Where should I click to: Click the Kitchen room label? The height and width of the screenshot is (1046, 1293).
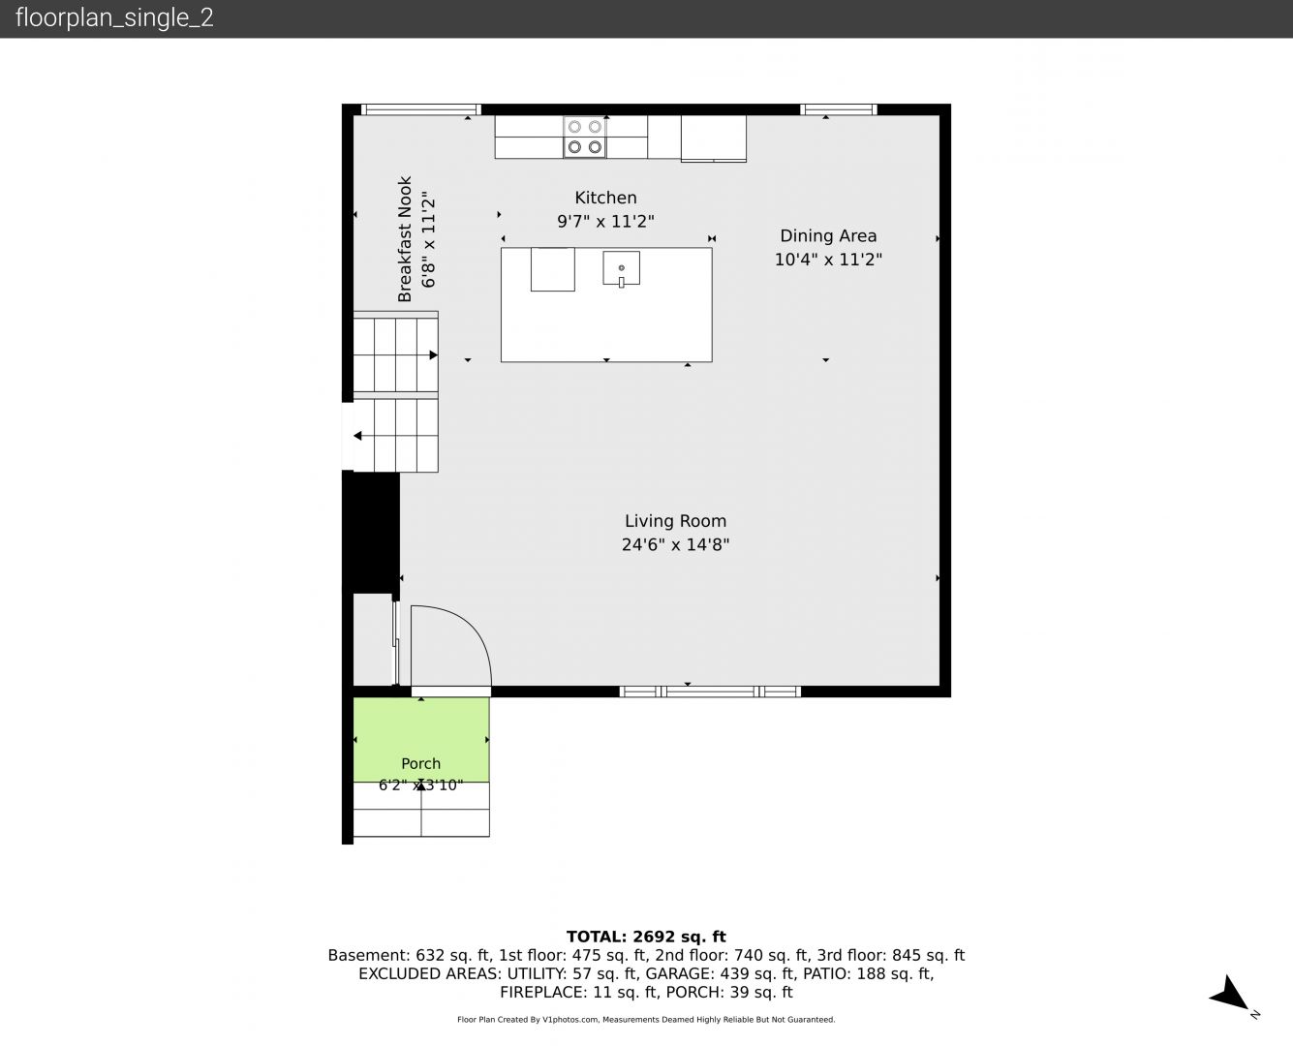(x=605, y=198)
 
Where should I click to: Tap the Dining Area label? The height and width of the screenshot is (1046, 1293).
(x=828, y=235)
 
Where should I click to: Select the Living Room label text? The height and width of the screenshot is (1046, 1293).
(x=675, y=521)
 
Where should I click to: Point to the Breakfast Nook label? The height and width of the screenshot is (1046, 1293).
(x=405, y=239)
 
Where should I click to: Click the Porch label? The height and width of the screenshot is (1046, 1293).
(x=420, y=763)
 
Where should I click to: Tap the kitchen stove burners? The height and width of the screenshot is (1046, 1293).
(x=585, y=137)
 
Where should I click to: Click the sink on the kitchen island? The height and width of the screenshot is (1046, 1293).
(x=621, y=268)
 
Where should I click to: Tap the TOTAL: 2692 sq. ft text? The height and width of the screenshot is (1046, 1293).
(x=646, y=937)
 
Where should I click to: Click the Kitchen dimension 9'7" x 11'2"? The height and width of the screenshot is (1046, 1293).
(x=605, y=221)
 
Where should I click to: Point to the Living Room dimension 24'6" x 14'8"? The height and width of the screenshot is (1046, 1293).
(x=675, y=544)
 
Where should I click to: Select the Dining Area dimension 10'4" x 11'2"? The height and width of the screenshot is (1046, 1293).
(x=828, y=260)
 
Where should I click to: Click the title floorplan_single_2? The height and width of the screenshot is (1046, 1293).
(x=114, y=17)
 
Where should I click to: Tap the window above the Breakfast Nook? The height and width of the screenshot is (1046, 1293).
(x=421, y=109)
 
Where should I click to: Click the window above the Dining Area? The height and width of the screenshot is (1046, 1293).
(x=839, y=109)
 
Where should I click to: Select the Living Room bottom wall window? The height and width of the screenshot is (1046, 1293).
(x=710, y=692)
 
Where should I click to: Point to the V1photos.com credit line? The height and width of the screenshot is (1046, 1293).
(x=646, y=1019)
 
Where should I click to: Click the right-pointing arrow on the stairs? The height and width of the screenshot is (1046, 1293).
(x=434, y=355)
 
